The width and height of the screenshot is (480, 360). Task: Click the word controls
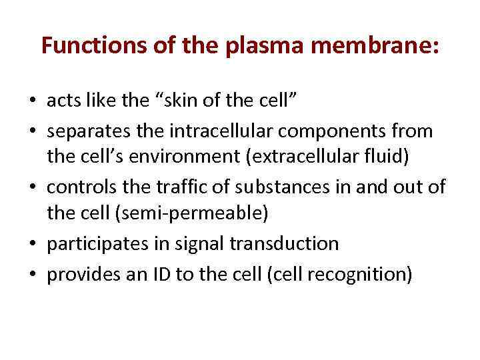[x=79, y=187]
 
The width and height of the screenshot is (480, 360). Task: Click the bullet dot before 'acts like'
[x=33, y=102]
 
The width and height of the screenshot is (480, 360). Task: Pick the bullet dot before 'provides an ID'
[x=33, y=275]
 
